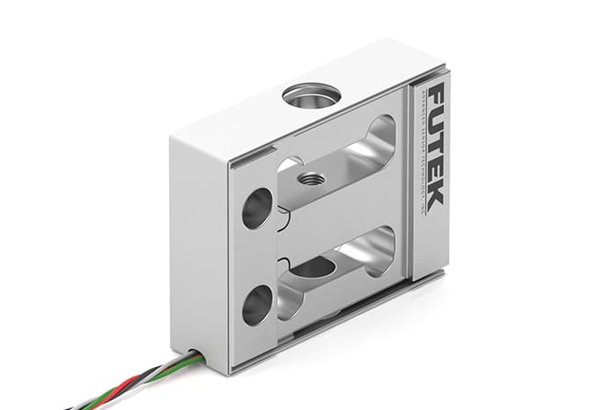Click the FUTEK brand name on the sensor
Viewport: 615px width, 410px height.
(x=432, y=149)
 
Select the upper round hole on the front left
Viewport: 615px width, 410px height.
(x=256, y=208)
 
